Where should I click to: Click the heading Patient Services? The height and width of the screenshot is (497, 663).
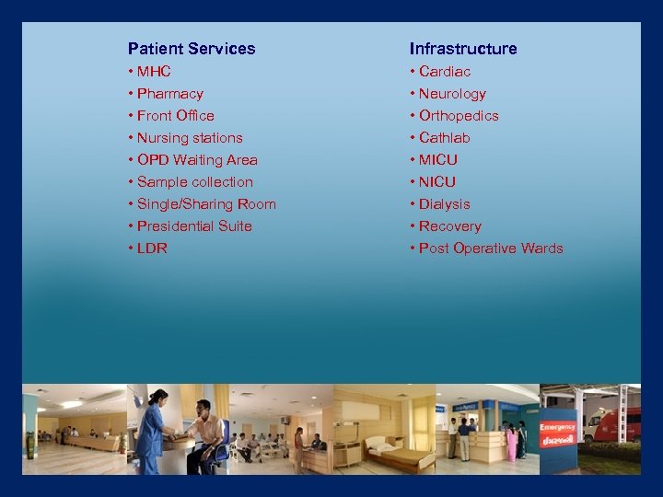click(x=192, y=49)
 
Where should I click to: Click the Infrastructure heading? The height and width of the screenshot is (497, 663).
click(x=463, y=49)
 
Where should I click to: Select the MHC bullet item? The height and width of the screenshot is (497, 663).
click(x=154, y=72)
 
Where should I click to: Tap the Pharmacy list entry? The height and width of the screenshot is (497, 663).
click(x=169, y=94)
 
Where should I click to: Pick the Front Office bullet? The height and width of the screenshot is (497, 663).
click(x=175, y=116)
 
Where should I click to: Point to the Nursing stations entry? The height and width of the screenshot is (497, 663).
click(x=190, y=138)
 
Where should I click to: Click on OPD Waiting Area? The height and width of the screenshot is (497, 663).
click(x=197, y=160)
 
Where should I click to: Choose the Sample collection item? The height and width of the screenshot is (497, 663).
click(x=194, y=182)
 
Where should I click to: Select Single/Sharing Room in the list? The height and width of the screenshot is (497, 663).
click(x=206, y=204)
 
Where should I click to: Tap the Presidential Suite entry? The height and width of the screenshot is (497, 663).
click(x=194, y=226)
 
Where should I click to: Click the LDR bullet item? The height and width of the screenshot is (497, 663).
click(x=152, y=248)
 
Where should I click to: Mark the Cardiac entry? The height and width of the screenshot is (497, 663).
click(x=445, y=72)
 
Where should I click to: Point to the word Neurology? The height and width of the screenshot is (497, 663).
click(x=452, y=94)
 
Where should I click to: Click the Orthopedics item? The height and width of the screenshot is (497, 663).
click(x=459, y=116)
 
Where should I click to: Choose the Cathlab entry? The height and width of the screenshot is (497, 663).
click(x=444, y=138)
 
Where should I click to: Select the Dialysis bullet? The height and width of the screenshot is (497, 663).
click(x=444, y=204)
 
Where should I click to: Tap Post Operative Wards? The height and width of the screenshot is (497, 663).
click(x=491, y=248)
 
